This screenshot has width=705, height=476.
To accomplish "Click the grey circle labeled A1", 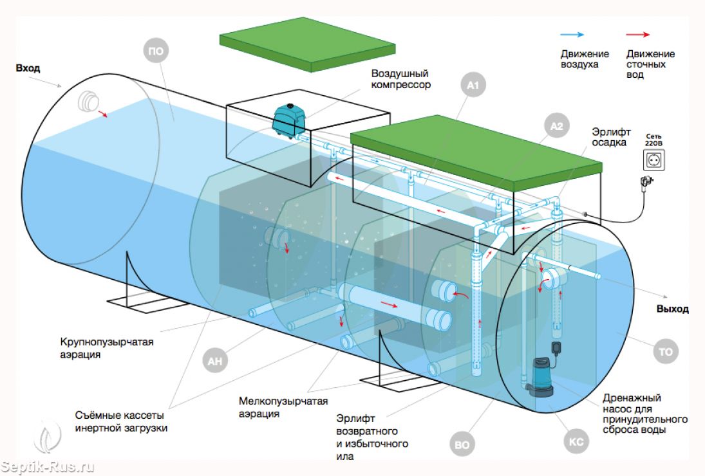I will tap(475, 84).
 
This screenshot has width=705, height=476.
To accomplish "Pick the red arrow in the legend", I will tap(637, 35).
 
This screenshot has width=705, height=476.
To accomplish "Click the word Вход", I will tap(28, 68).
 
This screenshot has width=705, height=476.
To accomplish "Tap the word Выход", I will tap(672, 309).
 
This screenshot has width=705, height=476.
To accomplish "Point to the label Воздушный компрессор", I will tap(400, 79).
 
